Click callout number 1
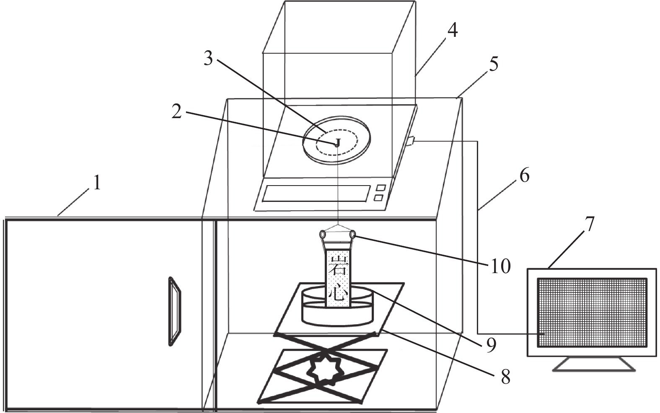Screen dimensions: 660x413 point(96,182)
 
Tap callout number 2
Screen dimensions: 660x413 point(176,112)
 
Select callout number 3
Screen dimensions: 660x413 point(208,59)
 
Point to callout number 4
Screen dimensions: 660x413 point(452,31)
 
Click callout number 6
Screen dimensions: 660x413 point(524,175)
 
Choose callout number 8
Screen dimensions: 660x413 point(506,377)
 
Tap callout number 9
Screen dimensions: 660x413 point(491,346)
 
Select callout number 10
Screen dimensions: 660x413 point(500,266)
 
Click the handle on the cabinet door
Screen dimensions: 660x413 point(174,311)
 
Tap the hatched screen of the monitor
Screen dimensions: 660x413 point(592,312)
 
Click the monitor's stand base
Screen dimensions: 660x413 point(594,364)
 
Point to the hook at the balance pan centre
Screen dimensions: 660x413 point(338,142)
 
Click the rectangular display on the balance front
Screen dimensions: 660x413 point(316,194)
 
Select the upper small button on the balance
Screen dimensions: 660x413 point(381,188)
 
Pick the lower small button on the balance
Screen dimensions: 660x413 point(379,198)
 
